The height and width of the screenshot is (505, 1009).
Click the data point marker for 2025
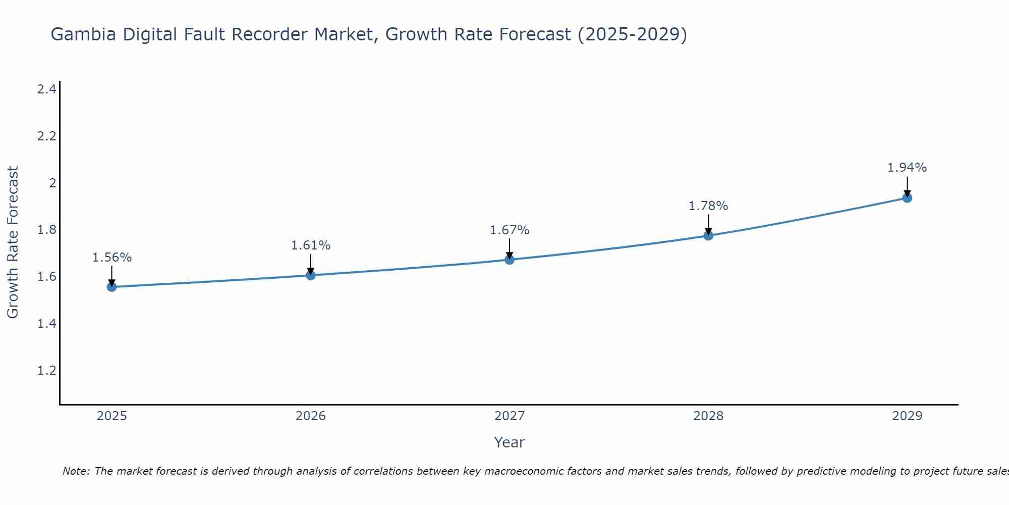[111, 287]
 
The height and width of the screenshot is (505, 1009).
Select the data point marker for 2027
[510, 260]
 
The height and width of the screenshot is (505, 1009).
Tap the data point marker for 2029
[907, 197]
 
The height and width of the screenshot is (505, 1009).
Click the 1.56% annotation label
[112, 258]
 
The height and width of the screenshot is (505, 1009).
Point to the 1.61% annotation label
[311, 245]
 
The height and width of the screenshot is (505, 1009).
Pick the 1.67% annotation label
[510, 230]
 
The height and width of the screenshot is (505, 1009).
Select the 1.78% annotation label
[708, 206]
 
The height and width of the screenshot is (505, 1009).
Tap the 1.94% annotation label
[907, 168]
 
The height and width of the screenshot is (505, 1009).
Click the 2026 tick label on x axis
[311, 416]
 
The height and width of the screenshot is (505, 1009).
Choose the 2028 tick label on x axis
[708, 416]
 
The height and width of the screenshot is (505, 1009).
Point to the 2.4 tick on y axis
[46, 89]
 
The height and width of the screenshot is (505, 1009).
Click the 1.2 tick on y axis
[46, 371]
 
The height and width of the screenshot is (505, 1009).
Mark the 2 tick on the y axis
[52, 183]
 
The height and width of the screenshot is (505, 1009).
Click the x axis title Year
[510, 442]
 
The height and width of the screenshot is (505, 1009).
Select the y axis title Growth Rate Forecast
[13, 242]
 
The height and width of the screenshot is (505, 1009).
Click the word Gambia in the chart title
[83, 34]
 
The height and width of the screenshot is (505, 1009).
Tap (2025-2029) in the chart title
[632, 34]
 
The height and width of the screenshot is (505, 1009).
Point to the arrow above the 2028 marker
[708, 224]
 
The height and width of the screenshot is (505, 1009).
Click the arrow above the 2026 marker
[311, 264]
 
